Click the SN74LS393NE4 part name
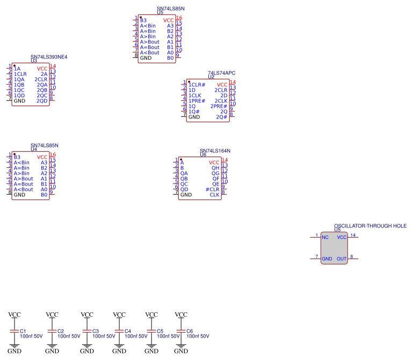click(49, 57)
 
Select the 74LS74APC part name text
click(222, 72)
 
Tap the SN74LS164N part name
click(219, 151)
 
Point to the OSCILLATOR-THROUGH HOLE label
click(370, 226)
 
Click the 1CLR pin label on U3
click(20, 74)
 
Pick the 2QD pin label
click(42, 101)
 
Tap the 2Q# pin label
click(221, 117)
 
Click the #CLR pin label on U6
click(212, 189)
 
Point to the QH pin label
click(215, 168)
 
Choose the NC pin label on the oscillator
click(325, 237)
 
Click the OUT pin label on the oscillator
click(342, 259)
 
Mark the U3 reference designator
click(34, 61)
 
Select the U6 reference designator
click(203, 155)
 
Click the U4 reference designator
click(34, 149)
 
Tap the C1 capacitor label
click(23, 331)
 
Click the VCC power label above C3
click(87, 314)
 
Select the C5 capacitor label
click(160, 331)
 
